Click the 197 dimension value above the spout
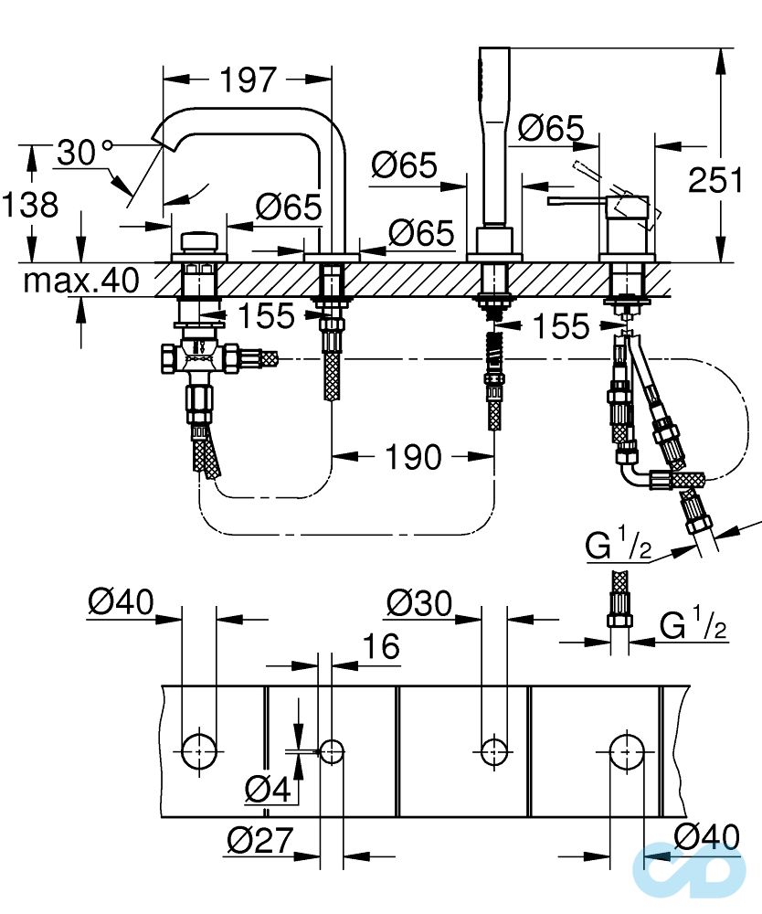click(x=247, y=80)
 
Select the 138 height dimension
click(x=29, y=204)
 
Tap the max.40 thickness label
click(x=82, y=280)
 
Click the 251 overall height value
click(x=714, y=181)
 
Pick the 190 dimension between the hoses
click(x=414, y=456)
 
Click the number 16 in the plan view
click(x=380, y=646)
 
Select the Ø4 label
click(x=268, y=788)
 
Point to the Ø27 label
click(x=260, y=839)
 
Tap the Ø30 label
click(x=418, y=602)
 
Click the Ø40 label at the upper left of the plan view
click(x=121, y=602)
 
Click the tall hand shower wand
click(x=493, y=137)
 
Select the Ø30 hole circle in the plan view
click(x=494, y=751)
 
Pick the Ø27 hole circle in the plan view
click(x=332, y=751)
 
